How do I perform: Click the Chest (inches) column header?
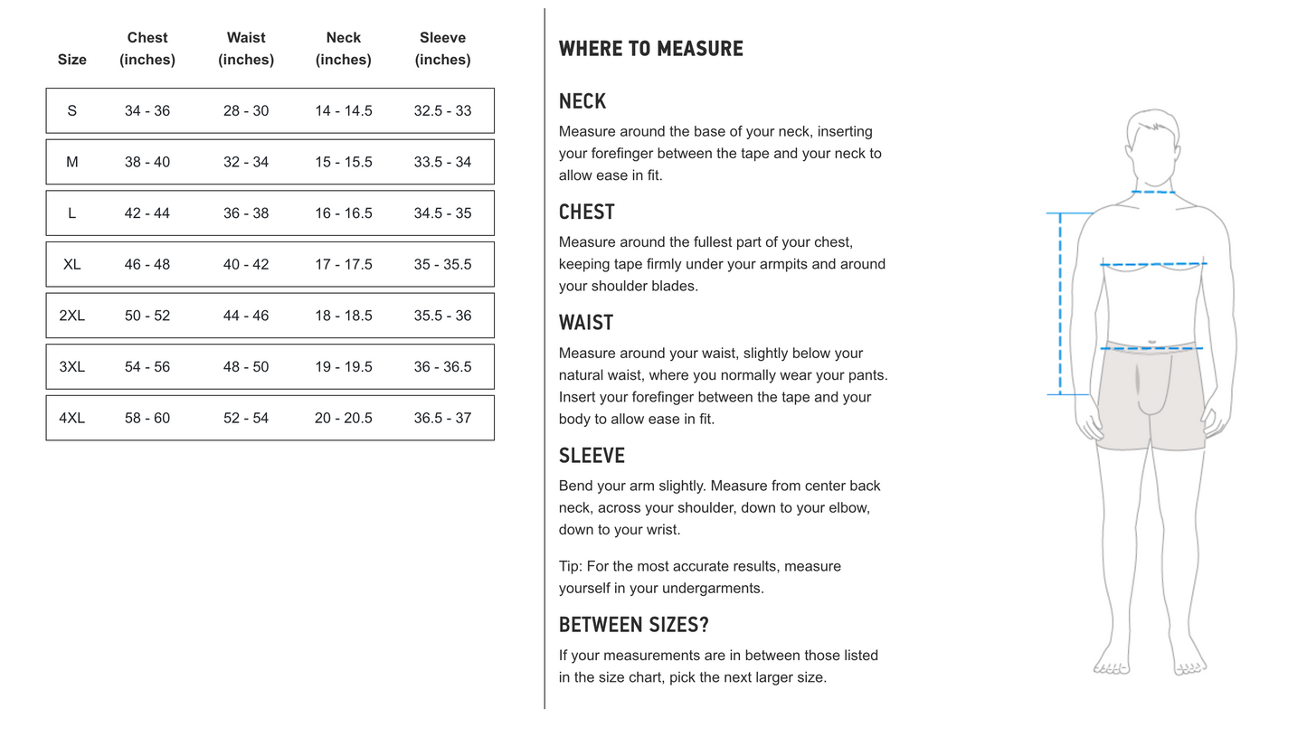pyautogui.click(x=147, y=49)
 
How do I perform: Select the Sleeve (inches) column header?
pyautogui.click(x=442, y=49)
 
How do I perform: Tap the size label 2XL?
pyautogui.click(x=71, y=316)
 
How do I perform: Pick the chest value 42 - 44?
pyautogui.click(x=147, y=213)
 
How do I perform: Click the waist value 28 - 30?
pyautogui.click(x=246, y=111)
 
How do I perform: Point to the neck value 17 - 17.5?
pyautogui.click(x=344, y=265)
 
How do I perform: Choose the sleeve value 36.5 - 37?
pyautogui.click(x=442, y=419)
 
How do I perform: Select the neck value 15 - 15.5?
pyautogui.click(x=344, y=163)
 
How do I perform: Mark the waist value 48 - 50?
pyautogui.click(x=246, y=367)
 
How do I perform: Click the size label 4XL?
pyautogui.click(x=71, y=419)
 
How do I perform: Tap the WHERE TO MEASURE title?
pyautogui.click(x=650, y=49)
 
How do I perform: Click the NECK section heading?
pyautogui.click(x=582, y=101)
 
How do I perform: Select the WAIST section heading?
pyautogui.click(x=586, y=323)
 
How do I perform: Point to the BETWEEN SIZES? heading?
pyautogui.click(x=633, y=625)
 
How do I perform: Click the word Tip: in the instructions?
pyautogui.click(x=571, y=567)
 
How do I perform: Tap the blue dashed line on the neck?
pyautogui.click(x=1153, y=192)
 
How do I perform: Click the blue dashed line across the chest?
pyautogui.click(x=1153, y=265)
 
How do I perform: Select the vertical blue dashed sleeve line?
pyautogui.click(x=1060, y=304)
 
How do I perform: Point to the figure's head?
pyautogui.click(x=1153, y=145)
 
